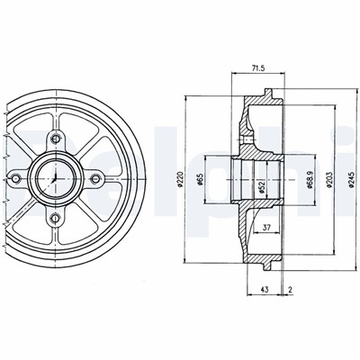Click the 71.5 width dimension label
(x=257, y=68)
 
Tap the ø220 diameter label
(x=180, y=179)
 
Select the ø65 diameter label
(x=201, y=179)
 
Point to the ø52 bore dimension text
(x=262, y=186)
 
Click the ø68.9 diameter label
(x=310, y=179)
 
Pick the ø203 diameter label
(x=329, y=179)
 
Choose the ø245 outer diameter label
(x=352, y=179)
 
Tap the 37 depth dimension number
(x=267, y=228)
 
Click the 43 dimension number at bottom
(x=265, y=290)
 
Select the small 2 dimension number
(x=290, y=290)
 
